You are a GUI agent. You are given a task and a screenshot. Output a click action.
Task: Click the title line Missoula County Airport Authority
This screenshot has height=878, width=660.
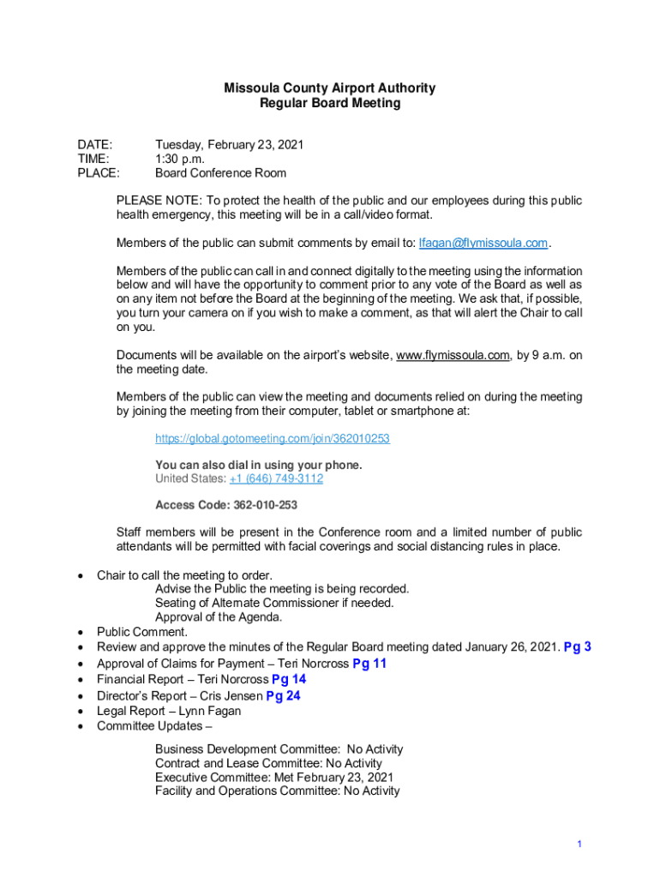pos(329,87)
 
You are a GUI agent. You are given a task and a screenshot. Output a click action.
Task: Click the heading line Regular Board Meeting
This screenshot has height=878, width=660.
pos(329,103)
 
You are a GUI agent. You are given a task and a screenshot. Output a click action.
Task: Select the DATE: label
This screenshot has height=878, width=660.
pos(94,145)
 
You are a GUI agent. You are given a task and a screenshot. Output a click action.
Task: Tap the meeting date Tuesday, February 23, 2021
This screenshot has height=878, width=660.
pos(229,145)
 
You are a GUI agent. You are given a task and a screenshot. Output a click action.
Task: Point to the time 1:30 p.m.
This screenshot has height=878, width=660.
pos(181,159)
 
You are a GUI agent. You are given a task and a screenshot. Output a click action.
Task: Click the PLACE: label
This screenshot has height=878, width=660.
pos(99,172)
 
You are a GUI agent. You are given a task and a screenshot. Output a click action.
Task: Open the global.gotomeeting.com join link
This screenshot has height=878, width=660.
pos(272,438)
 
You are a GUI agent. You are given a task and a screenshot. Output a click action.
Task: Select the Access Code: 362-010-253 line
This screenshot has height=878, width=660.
pos(226,505)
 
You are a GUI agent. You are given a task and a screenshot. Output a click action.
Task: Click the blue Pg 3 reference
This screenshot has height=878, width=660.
pos(577,647)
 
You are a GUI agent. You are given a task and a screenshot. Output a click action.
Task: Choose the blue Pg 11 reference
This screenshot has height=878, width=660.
pos(370,664)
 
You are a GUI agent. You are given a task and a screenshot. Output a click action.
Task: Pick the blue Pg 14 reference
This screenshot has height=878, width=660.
pos(289,680)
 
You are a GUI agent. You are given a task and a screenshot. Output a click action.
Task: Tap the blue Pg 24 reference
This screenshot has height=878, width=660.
pos(283,695)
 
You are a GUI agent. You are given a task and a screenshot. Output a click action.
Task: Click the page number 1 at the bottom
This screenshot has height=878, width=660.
pos(579,845)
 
